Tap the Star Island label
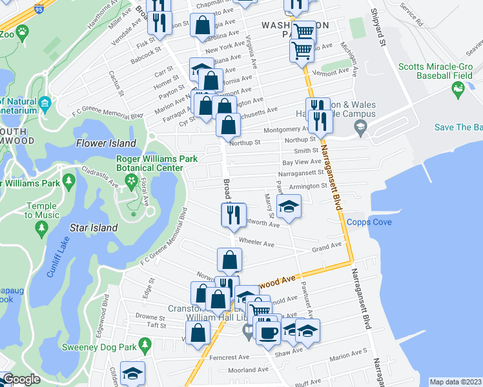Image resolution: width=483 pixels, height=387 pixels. click(x=94, y=228)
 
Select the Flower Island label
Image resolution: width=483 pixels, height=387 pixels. click(x=107, y=143)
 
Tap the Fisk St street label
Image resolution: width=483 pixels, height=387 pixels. click(x=143, y=46)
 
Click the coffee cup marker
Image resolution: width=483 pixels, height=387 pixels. click(x=269, y=332)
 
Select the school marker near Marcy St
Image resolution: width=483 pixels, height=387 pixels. click(x=289, y=207)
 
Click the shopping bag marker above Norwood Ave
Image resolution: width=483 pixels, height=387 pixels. click(x=229, y=259)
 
